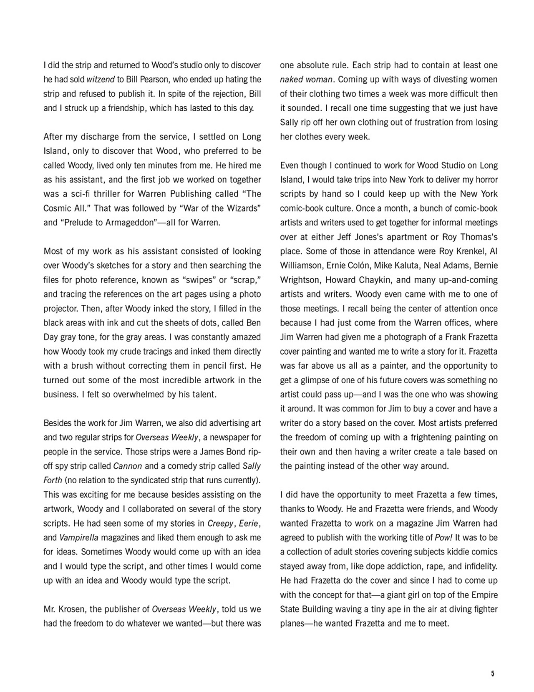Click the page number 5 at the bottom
pyautogui.click(x=492, y=674)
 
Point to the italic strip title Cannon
pyautogui.click(x=128, y=466)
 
